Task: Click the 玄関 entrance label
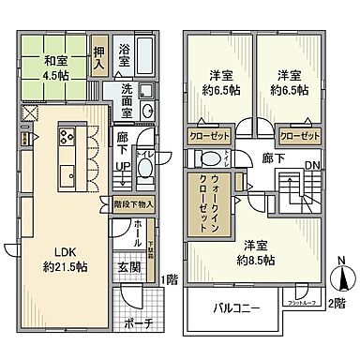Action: tap(130, 266)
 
